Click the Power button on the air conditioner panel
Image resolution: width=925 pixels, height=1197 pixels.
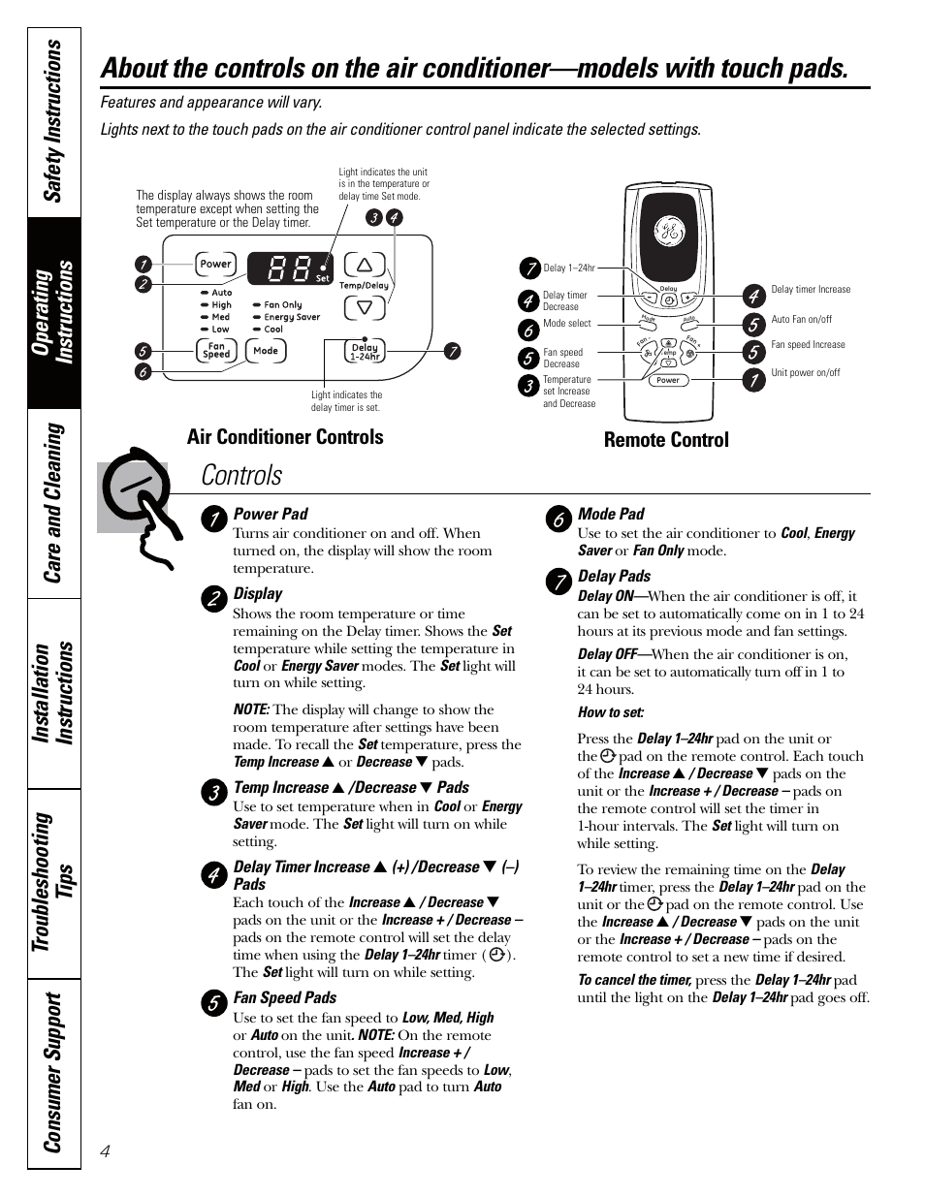click(x=215, y=264)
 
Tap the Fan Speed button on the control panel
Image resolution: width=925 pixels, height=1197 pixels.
click(x=216, y=351)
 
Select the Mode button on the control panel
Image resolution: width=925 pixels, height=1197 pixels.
click(x=266, y=351)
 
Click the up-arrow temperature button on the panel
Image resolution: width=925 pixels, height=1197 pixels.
click(x=365, y=265)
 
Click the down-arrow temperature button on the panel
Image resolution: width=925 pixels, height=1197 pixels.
click(x=365, y=308)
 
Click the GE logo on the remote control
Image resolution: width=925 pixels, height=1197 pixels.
click(x=668, y=232)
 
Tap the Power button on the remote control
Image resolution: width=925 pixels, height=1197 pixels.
click(x=668, y=380)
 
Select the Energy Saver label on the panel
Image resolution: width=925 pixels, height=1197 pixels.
click(x=292, y=317)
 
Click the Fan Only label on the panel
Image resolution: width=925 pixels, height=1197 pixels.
click(x=283, y=304)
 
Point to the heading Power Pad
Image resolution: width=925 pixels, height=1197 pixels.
click(x=271, y=515)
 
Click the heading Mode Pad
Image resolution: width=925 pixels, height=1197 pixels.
click(x=611, y=515)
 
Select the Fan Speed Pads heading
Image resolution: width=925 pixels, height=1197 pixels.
click(x=285, y=998)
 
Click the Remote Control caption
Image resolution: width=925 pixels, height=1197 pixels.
click(x=666, y=440)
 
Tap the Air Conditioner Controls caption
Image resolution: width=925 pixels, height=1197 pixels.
click(x=285, y=437)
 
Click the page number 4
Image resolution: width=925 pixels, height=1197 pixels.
click(x=106, y=1150)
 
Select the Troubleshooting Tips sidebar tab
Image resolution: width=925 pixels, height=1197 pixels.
click(x=53, y=880)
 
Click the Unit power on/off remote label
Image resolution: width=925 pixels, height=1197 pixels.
click(x=806, y=372)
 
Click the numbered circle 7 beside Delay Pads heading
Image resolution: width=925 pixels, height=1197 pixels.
click(x=558, y=581)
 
